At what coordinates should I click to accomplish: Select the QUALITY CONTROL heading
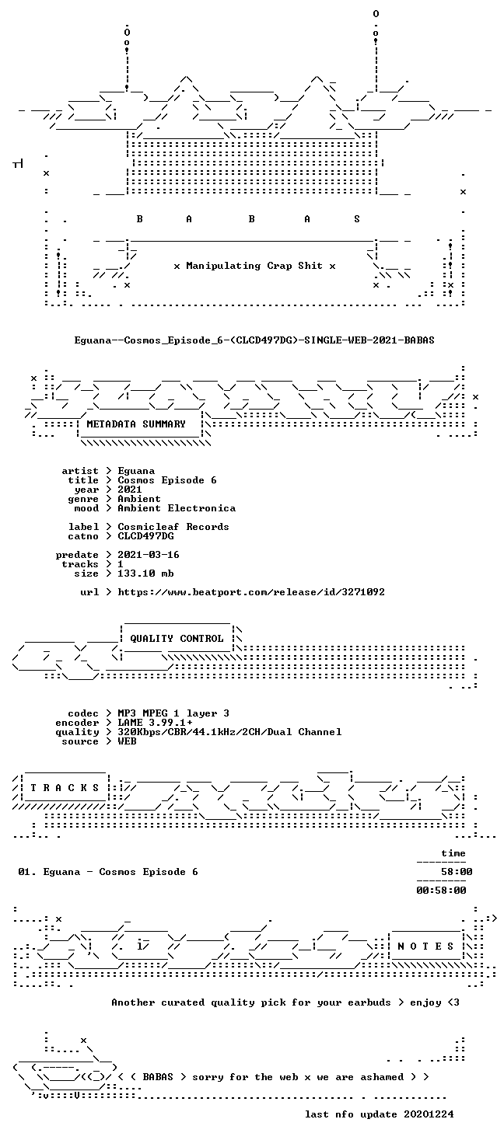(x=177, y=639)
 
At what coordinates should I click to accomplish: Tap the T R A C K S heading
(x=65, y=787)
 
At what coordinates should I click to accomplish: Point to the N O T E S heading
(x=425, y=947)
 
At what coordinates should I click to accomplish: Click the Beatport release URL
(x=251, y=592)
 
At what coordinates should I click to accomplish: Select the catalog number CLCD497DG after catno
(x=145, y=536)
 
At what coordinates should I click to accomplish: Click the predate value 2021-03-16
(x=149, y=555)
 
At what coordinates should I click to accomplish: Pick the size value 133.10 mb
(x=145, y=573)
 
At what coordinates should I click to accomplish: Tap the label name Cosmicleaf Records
(x=173, y=527)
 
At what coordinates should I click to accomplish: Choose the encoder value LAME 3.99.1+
(x=155, y=723)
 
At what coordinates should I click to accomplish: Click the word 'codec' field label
(x=83, y=713)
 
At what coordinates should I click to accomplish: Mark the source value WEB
(x=127, y=741)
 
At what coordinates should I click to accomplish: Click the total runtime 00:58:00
(x=442, y=891)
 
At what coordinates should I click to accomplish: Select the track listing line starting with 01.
(x=108, y=871)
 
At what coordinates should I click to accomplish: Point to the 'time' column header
(x=453, y=853)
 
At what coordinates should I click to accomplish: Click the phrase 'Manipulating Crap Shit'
(x=254, y=266)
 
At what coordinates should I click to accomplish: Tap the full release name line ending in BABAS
(x=254, y=340)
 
